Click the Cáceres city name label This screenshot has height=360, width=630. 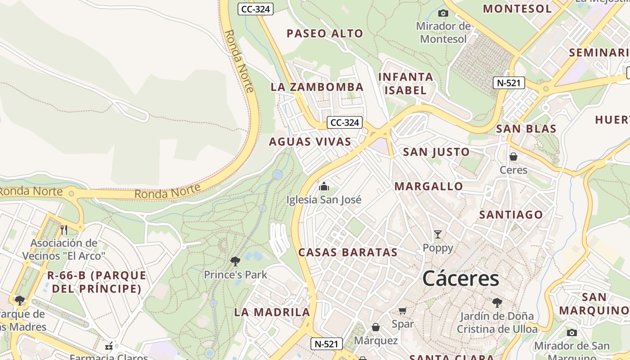461,279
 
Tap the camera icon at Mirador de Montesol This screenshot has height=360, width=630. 443,13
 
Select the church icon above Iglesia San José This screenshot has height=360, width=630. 324,186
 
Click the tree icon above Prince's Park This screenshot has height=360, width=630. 235,261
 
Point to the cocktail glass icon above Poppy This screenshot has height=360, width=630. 437,234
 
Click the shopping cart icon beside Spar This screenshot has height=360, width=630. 403,310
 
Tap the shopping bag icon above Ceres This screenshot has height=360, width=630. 513,157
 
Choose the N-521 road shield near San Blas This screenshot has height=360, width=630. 508,83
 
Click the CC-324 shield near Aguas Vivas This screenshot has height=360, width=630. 345,122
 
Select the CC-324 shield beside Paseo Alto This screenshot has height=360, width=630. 256,9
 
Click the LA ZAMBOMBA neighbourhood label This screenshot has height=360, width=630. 317,87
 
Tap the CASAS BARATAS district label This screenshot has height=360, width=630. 348,252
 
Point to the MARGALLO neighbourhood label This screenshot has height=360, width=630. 428,186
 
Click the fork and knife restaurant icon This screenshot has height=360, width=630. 64,230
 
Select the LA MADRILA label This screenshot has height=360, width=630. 272,312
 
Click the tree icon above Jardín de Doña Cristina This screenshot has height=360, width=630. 497,302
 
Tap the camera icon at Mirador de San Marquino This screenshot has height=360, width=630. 571,333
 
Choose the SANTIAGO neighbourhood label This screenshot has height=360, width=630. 511,215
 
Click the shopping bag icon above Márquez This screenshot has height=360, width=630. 375,327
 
